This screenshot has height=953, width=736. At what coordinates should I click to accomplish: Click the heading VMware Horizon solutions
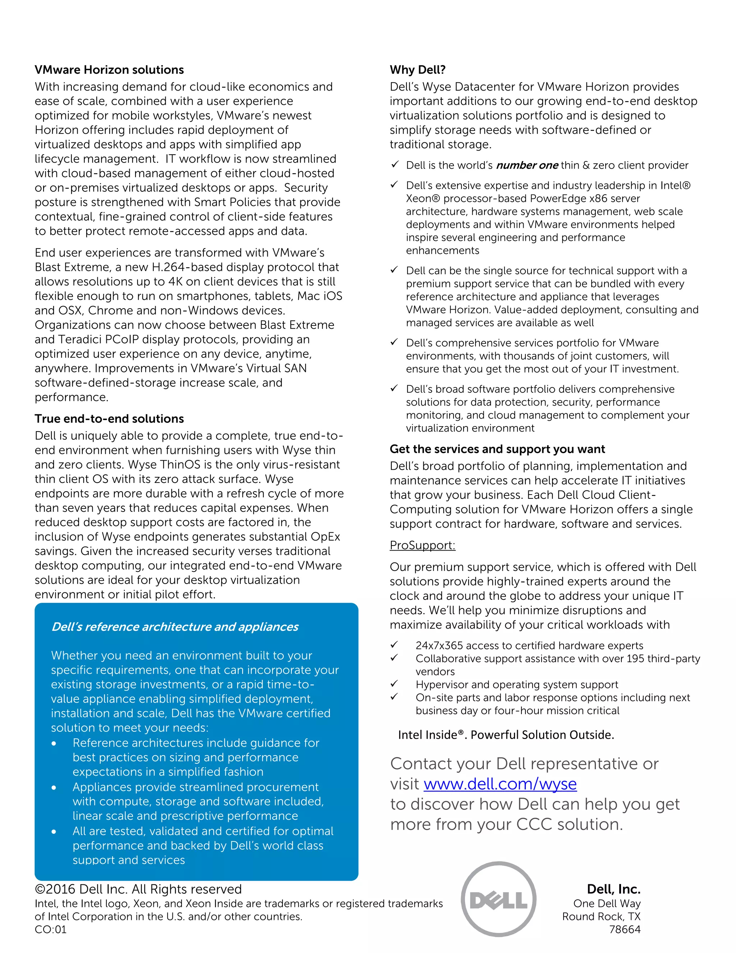[109, 70]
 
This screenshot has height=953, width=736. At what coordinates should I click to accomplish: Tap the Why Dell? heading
[417, 70]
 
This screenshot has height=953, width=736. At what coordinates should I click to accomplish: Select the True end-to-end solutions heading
[109, 419]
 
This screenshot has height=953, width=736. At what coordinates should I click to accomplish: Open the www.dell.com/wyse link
[500, 784]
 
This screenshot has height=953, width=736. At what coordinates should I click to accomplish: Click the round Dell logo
[498, 900]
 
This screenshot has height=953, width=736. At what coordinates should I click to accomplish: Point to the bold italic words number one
[527, 165]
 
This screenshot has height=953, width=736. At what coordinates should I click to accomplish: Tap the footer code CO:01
[51, 929]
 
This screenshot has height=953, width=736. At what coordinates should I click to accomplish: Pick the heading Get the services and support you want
[497, 449]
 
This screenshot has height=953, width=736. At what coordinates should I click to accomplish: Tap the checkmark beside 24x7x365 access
[394, 644]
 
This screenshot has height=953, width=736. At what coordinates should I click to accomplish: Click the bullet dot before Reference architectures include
[54, 744]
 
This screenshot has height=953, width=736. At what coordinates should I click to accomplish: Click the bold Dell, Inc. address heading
[613, 889]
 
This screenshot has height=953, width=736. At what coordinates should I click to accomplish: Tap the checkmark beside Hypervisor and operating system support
[394, 683]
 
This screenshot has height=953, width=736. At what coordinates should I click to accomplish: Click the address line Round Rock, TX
[601, 916]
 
